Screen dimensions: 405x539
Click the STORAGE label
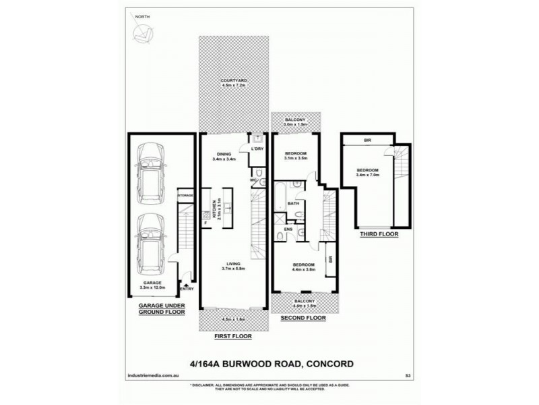(x=185, y=195)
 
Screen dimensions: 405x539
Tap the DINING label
(x=222, y=153)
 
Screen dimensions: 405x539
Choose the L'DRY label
(x=256, y=148)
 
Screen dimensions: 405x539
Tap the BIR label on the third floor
(x=368, y=140)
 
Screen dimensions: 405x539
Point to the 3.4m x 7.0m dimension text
(x=367, y=175)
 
